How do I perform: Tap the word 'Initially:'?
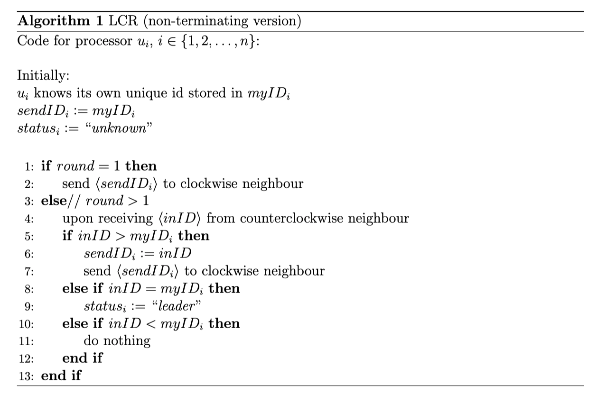click(x=40, y=75)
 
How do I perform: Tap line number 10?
click(x=28, y=324)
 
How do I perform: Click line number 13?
click(x=28, y=376)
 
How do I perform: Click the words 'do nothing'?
click(x=117, y=340)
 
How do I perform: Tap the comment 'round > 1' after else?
click(x=117, y=201)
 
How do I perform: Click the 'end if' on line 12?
click(x=82, y=358)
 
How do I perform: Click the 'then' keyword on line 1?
click(x=141, y=166)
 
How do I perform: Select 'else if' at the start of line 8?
click(x=82, y=288)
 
